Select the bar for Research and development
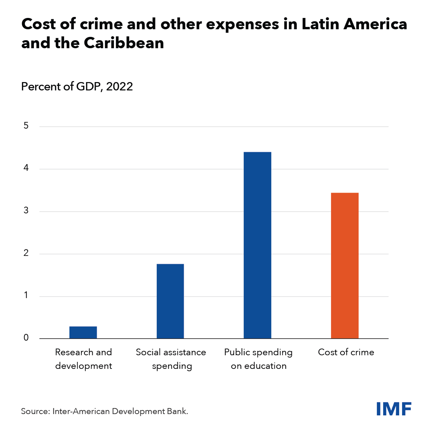(x=83, y=332)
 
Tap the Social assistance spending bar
(x=170, y=301)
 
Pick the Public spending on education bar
(x=257, y=245)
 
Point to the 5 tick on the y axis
(x=26, y=126)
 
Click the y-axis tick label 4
(x=26, y=168)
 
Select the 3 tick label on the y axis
(x=26, y=211)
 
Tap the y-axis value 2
(x=26, y=253)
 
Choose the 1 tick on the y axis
(x=26, y=295)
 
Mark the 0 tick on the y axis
(x=26, y=338)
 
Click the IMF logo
(x=394, y=409)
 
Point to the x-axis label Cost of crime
(x=346, y=352)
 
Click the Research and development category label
(x=83, y=359)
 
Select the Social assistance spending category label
(x=171, y=359)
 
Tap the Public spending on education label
(x=259, y=359)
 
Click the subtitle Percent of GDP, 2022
(x=77, y=86)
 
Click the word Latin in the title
(x=320, y=24)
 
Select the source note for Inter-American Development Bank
(x=105, y=411)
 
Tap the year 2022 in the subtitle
(x=120, y=86)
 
